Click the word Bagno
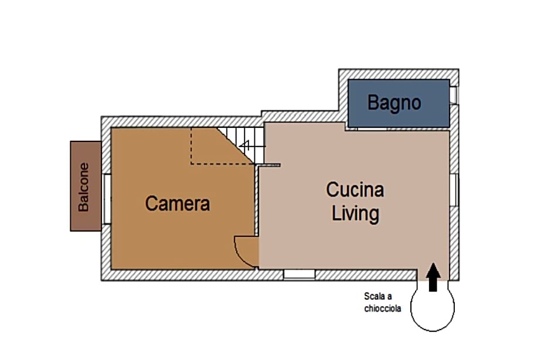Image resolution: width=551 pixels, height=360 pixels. tap(394, 103)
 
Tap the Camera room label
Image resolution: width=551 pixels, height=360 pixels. tap(178, 203)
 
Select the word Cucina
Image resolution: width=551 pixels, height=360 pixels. tap(355, 190)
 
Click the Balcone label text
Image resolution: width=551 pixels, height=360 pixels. tap(84, 187)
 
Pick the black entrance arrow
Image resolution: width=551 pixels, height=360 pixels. tap(433, 277)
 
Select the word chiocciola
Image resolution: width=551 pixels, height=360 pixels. tap(383, 308)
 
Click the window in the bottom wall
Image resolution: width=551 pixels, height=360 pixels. tap(299, 274)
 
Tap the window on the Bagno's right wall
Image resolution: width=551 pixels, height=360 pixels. tap(454, 95)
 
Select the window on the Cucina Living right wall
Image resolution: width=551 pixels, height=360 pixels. tap(454, 190)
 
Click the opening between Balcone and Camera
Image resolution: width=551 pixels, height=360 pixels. tap(106, 199)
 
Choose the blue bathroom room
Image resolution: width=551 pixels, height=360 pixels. tap(399, 103)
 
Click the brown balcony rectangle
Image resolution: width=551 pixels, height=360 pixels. tap(86, 186)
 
